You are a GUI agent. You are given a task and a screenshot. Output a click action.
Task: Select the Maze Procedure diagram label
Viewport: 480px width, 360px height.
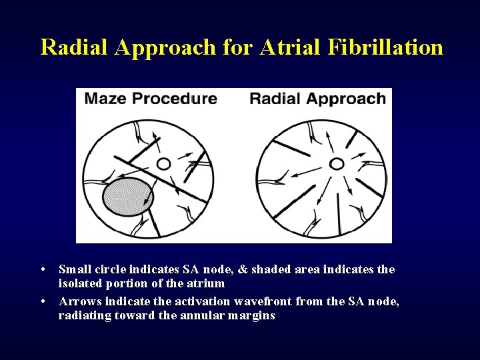151,99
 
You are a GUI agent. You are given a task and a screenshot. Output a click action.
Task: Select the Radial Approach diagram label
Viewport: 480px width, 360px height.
317,99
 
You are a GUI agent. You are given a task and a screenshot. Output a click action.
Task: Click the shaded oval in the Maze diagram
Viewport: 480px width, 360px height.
128,196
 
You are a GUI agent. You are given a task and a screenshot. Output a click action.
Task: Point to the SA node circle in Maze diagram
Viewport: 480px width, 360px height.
163,163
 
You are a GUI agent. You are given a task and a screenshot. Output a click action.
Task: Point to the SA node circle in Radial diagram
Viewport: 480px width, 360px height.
337,163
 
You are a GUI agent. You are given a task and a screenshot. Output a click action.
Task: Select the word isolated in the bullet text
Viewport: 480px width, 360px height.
81,283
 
